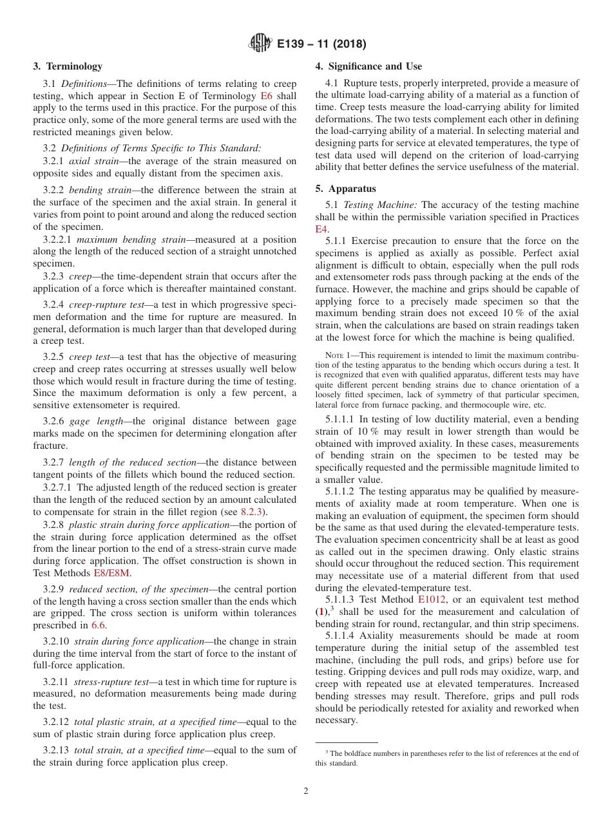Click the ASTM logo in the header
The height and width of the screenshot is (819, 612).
(261, 44)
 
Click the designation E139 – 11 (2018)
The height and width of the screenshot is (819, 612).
(321, 44)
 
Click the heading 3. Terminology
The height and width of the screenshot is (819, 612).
(68, 66)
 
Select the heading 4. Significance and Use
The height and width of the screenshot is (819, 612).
(368, 66)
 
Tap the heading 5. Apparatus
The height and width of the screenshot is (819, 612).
(345, 189)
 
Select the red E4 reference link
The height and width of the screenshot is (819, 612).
(321, 229)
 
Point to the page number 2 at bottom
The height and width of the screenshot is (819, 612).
(306, 791)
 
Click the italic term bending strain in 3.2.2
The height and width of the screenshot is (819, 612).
(95, 190)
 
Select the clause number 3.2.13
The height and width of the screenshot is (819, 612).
(56, 750)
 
